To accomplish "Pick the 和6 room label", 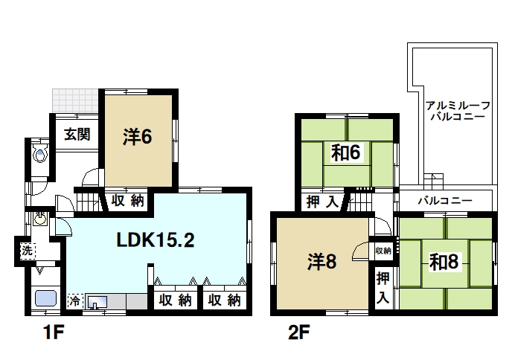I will tap(346, 153).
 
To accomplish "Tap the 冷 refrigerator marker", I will tap(74, 301).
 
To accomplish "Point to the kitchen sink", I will tap(99, 302).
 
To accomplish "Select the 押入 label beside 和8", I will tap(382, 288).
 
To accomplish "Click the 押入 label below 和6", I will tap(322, 201).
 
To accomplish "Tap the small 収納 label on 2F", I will tap(383, 251).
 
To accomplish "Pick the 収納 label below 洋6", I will tap(128, 201).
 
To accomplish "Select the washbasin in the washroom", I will tap(40, 220).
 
